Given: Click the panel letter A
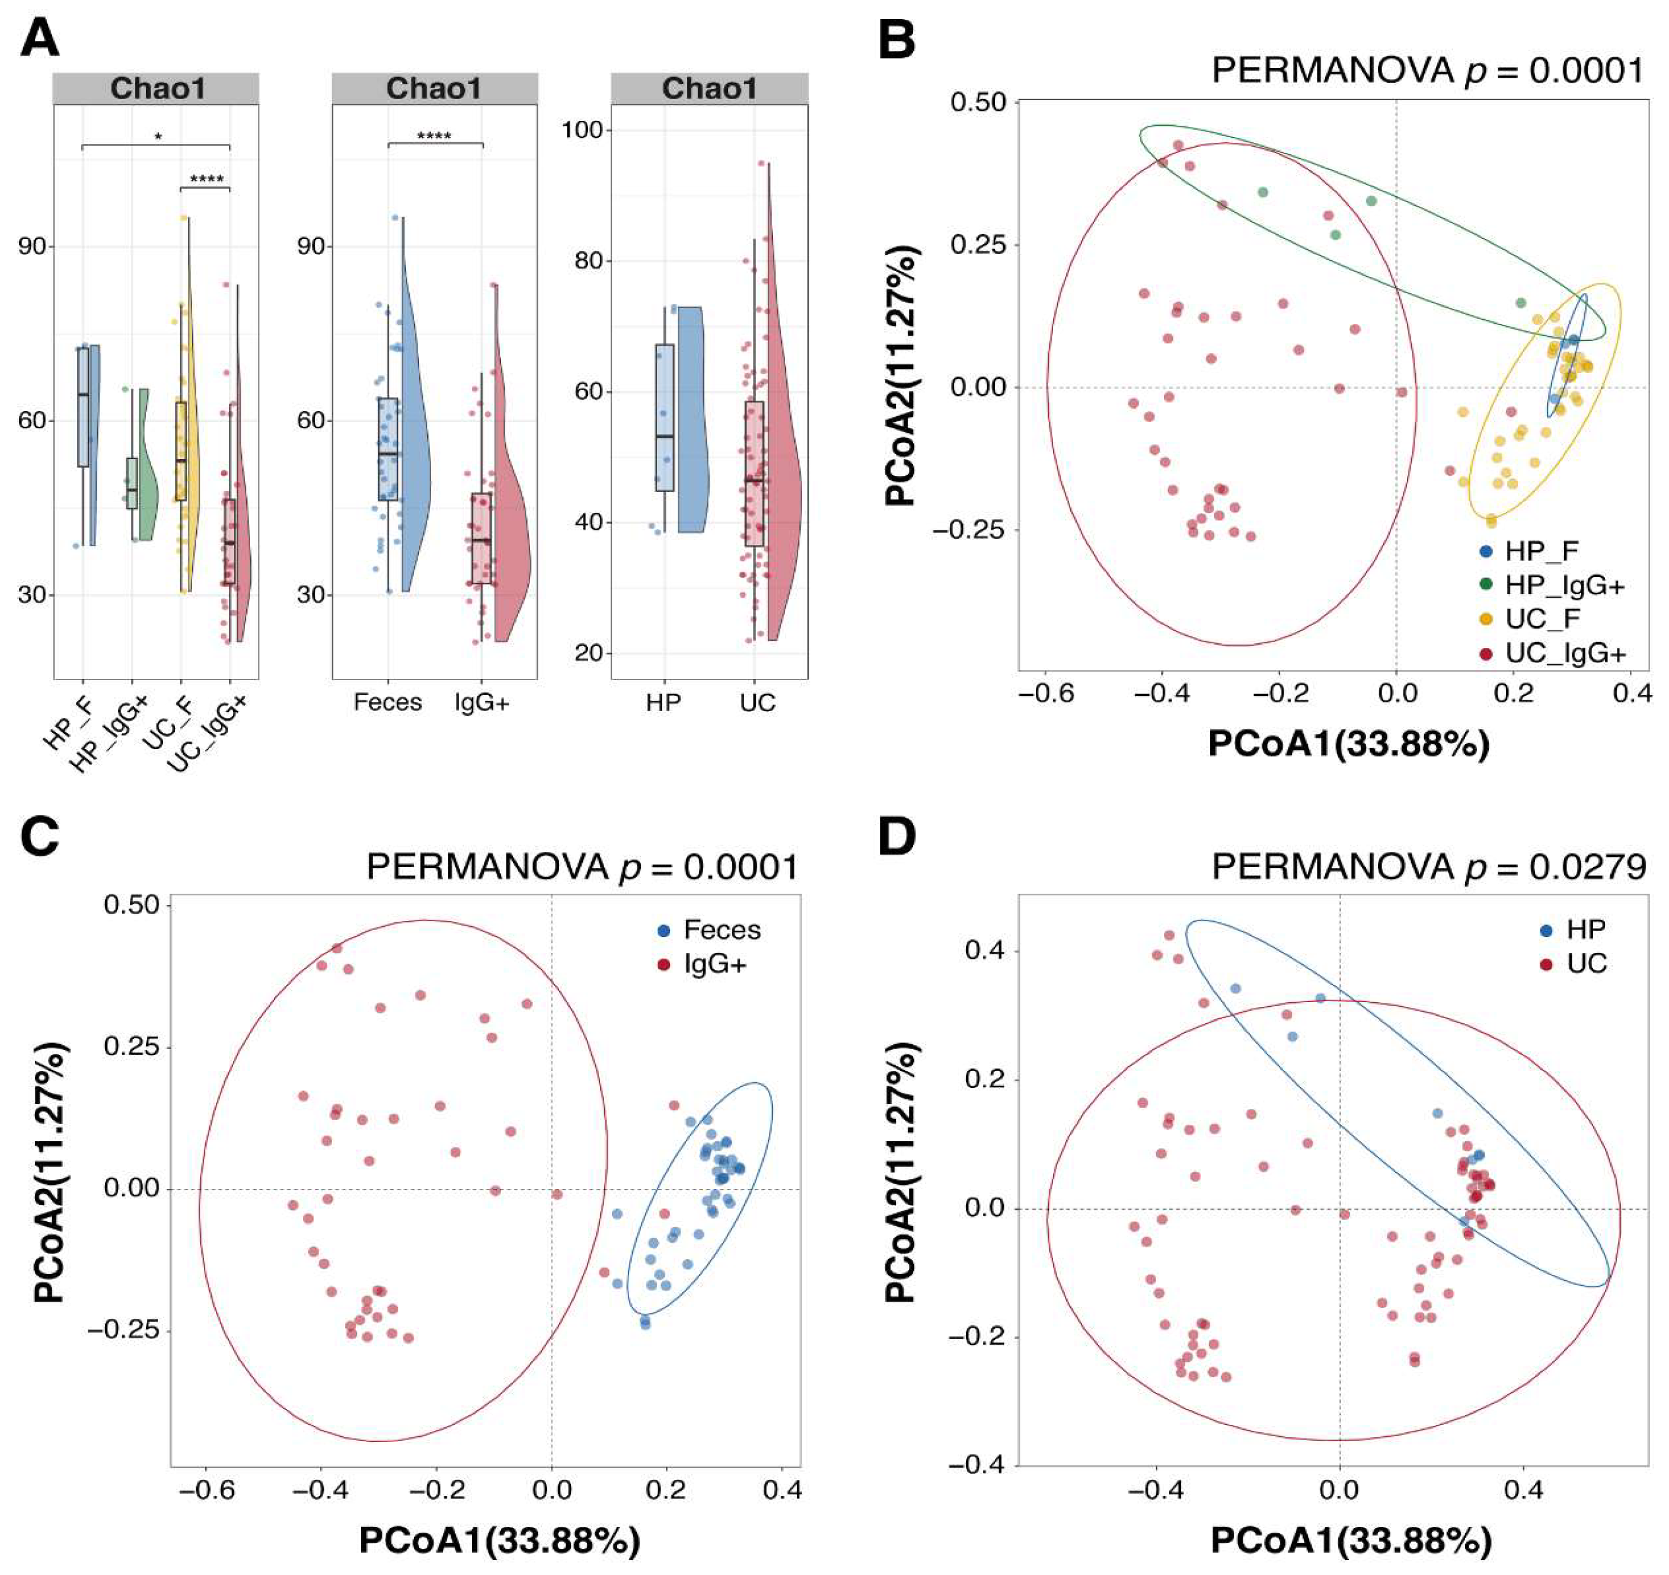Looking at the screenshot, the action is [40, 38].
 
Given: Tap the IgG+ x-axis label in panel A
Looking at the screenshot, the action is [482, 702].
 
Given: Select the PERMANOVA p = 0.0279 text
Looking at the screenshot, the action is [1429, 866].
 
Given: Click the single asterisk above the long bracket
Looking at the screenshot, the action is [158, 135].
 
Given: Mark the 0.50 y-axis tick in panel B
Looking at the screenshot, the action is [978, 103].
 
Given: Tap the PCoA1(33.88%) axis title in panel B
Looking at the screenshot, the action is [1348, 744].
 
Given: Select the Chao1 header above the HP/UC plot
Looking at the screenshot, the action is [710, 88].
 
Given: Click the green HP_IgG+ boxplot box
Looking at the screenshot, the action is [132, 483].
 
